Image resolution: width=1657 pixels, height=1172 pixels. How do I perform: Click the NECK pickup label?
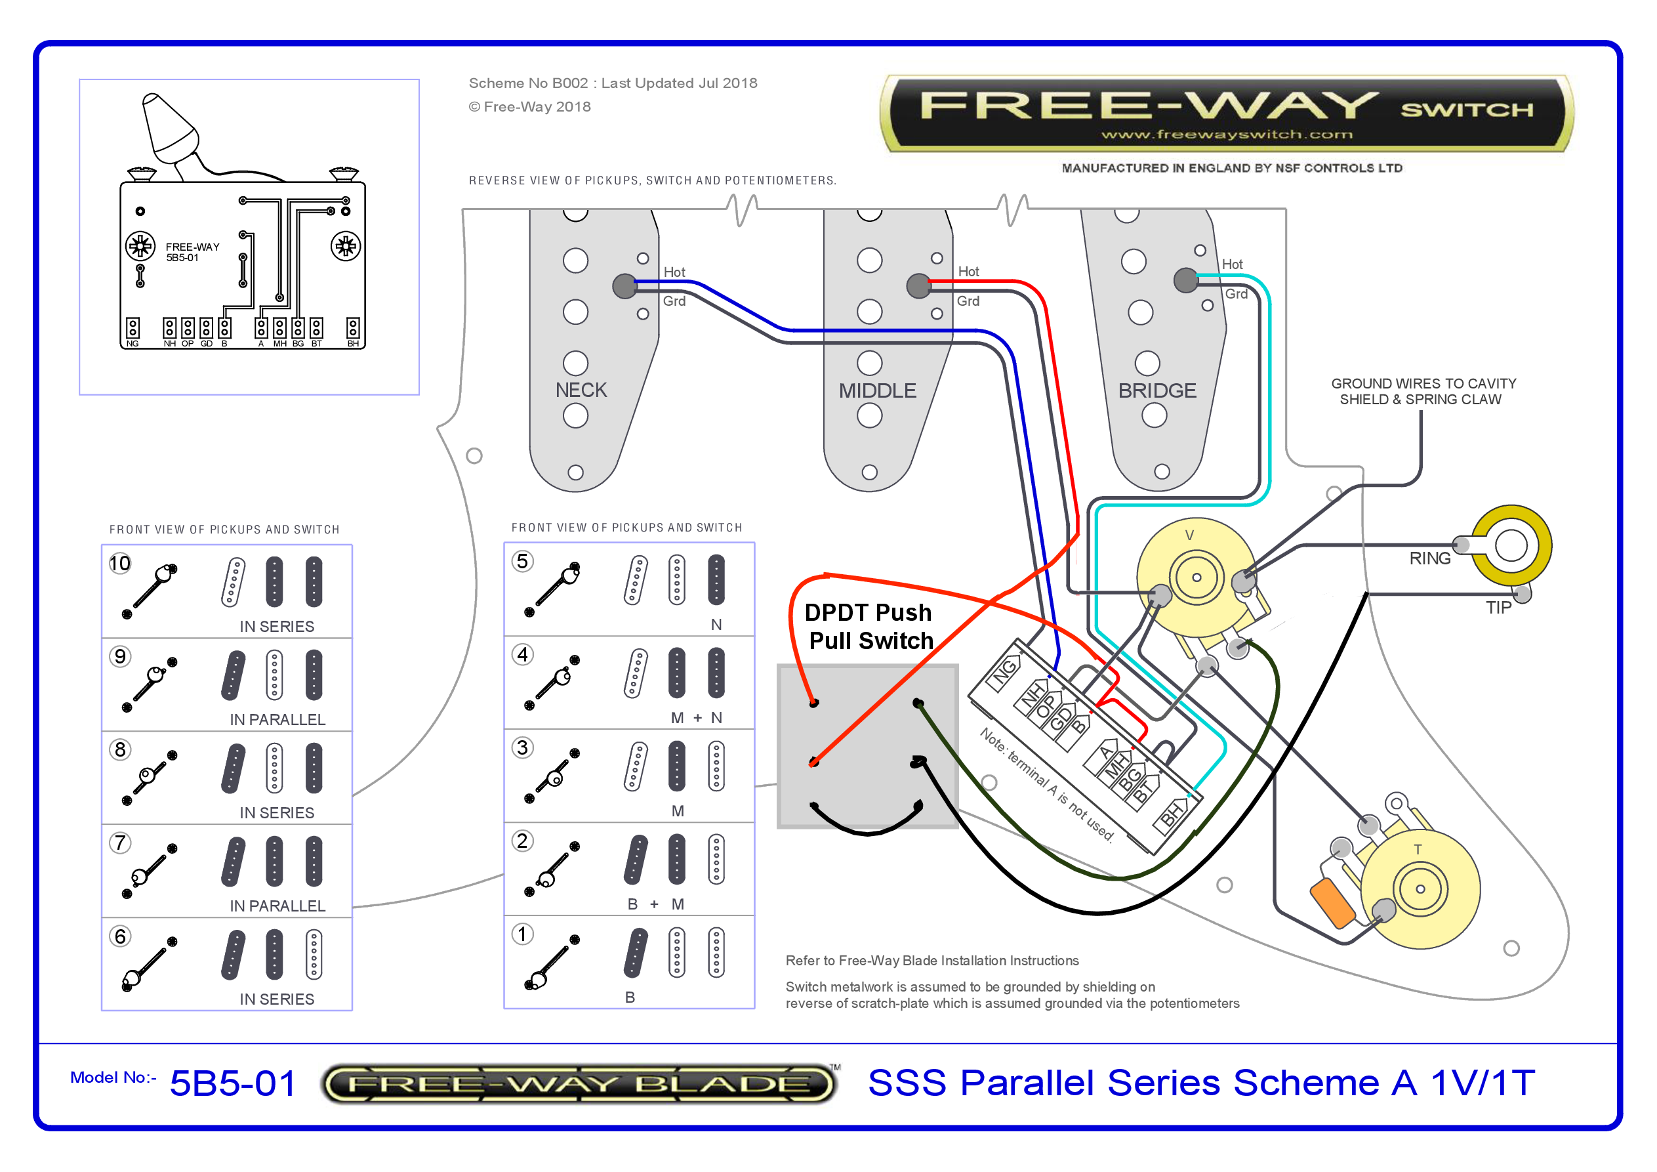click(x=581, y=390)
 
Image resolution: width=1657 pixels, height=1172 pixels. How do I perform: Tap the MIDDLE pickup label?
click(x=877, y=390)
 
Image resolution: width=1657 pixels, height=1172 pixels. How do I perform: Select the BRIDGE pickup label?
click(x=1157, y=390)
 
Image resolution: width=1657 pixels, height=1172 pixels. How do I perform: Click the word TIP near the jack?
click(x=1498, y=608)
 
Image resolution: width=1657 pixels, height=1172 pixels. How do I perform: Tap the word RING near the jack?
click(x=1429, y=558)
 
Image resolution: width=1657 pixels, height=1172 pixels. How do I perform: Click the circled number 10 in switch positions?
click(x=120, y=563)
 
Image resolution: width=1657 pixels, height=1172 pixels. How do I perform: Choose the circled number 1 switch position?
click(x=523, y=934)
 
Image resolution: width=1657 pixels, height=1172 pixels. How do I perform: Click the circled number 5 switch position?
click(x=523, y=561)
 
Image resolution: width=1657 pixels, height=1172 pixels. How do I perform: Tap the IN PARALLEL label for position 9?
click(x=278, y=720)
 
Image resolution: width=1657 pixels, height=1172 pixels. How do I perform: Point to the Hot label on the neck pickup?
click(x=674, y=272)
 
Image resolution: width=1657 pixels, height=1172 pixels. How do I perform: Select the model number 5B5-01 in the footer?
click(x=232, y=1083)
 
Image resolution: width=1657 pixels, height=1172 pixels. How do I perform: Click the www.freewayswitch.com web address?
click(x=1226, y=135)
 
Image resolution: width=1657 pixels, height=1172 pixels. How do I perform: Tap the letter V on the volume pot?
click(x=1189, y=535)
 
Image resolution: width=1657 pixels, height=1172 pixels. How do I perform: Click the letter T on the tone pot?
click(x=1418, y=849)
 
